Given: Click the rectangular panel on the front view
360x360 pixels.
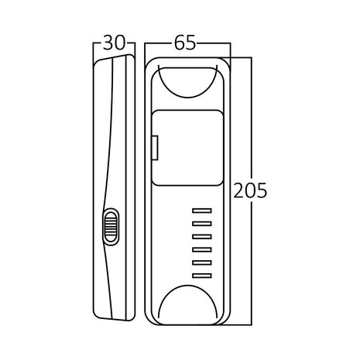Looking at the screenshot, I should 186,148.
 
